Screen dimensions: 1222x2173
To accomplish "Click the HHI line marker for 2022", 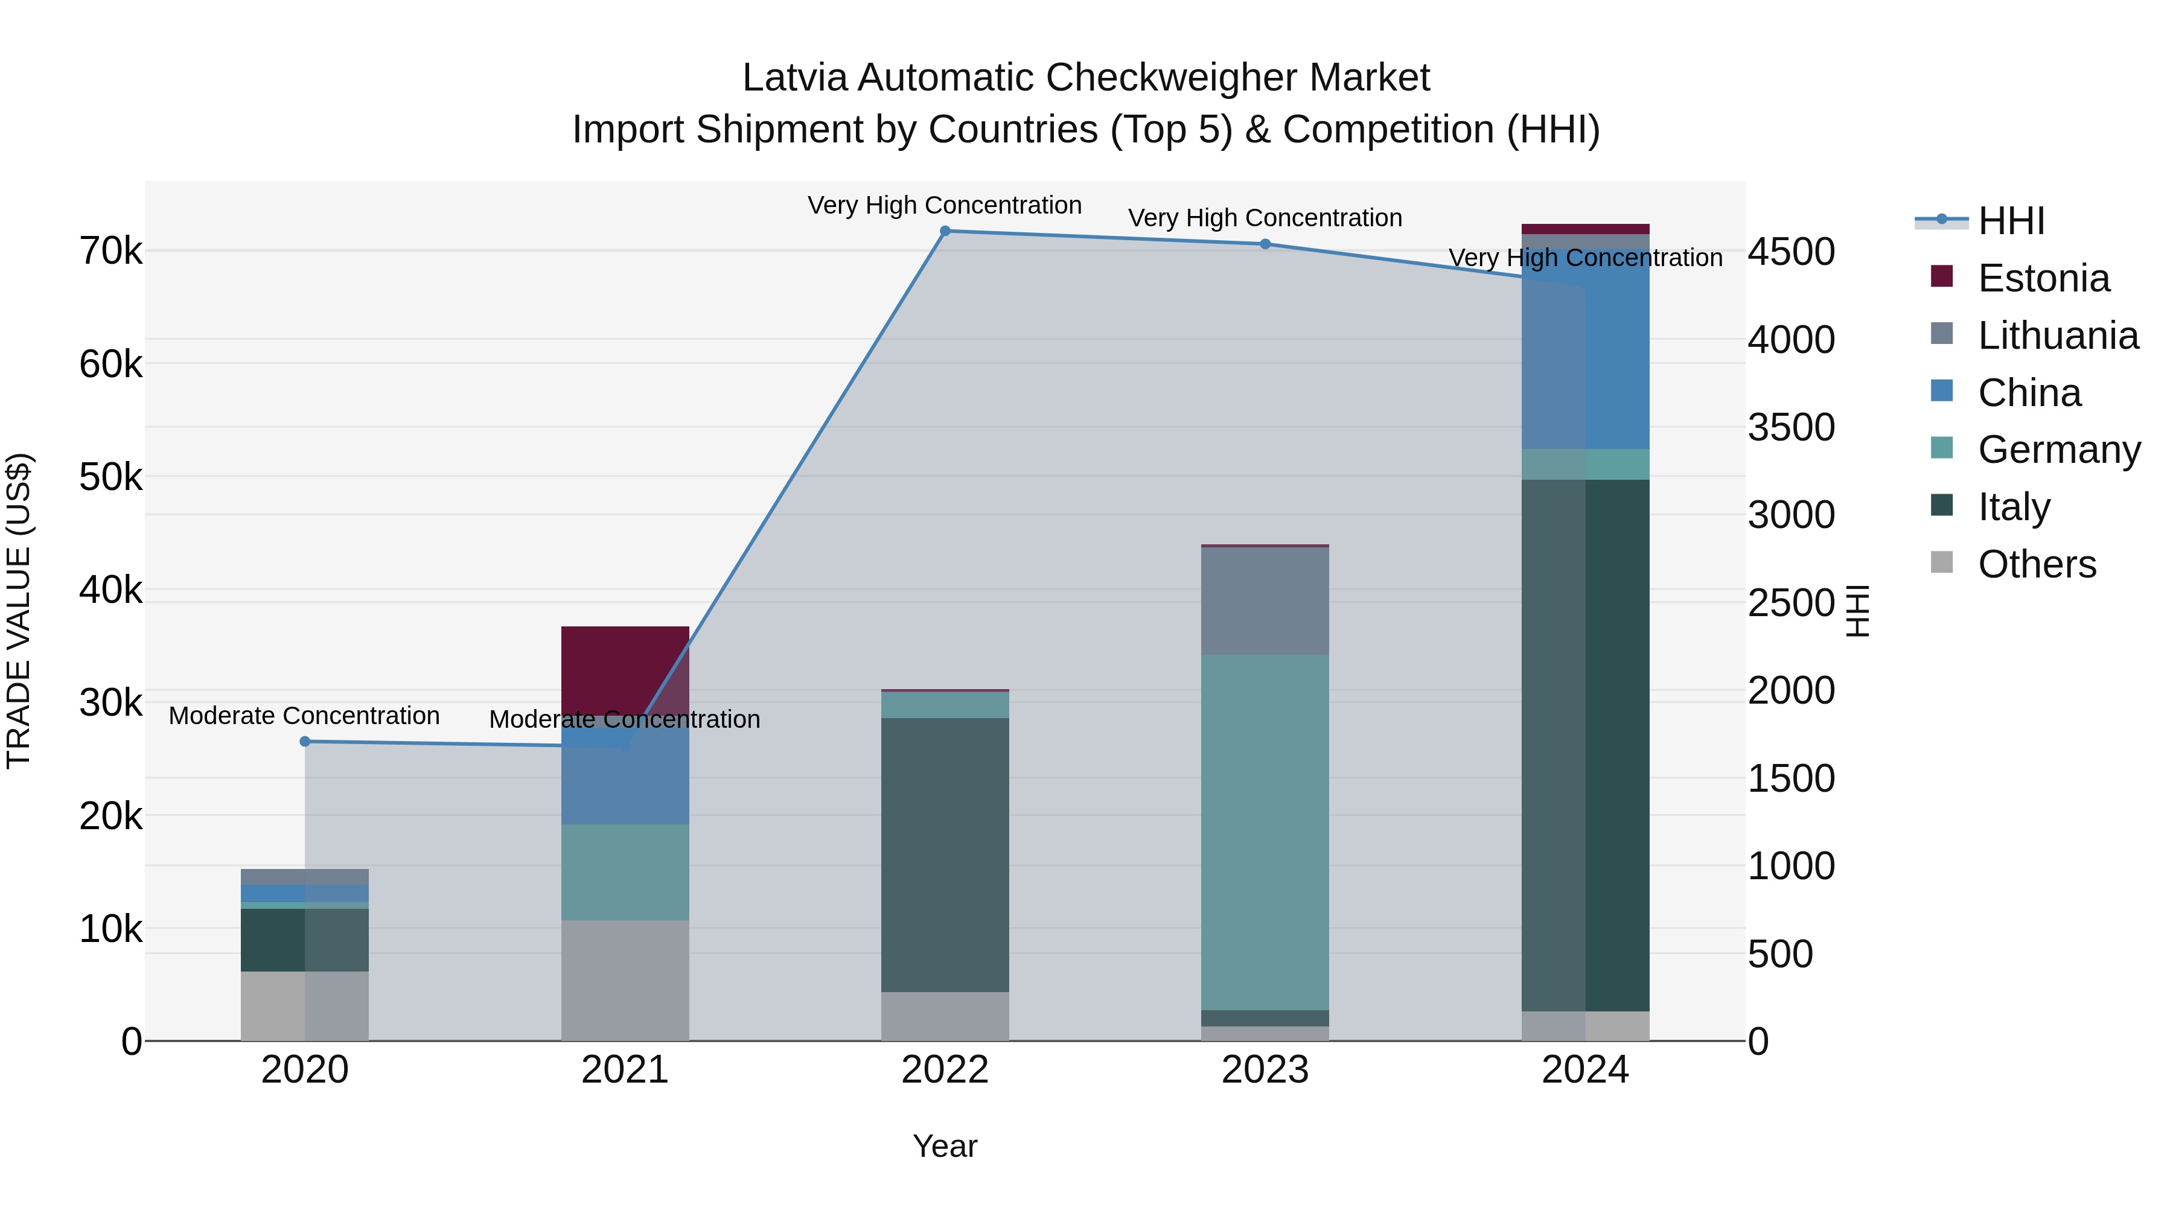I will click(x=945, y=231).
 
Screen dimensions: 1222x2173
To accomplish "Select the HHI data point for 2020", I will click(x=305, y=741).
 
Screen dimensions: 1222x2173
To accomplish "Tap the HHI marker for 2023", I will click(x=1265, y=244).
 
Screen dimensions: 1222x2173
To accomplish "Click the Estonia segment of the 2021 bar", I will click(x=625, y=666).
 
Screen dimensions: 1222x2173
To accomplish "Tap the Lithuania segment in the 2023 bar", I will click(x=1265, y=600).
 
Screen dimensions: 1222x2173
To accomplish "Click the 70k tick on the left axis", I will click(x=110, y=251).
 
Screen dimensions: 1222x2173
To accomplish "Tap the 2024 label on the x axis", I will click(x=1585, y=1070).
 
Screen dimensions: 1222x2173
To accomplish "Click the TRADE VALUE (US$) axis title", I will click(x=19, y=611).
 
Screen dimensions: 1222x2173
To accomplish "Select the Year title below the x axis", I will click(x=945, y=1146).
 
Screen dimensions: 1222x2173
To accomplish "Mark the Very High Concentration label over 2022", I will click(x=944, y=205).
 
